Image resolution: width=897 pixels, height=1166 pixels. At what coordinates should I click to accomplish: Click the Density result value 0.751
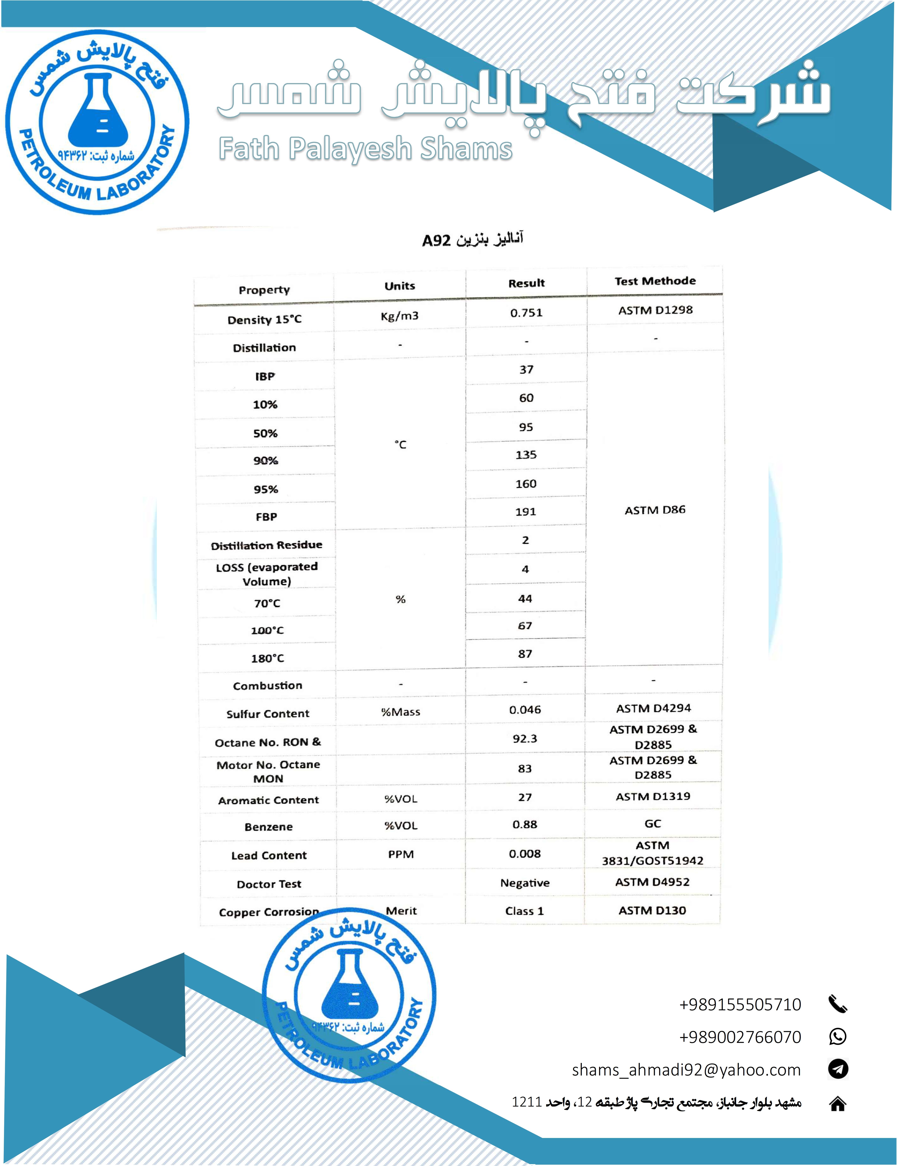(x=526, y=313)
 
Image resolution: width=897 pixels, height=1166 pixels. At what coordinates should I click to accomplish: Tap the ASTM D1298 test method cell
(x=655, y=310)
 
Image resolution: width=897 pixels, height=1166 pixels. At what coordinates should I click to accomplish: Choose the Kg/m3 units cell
(x=399, y=316)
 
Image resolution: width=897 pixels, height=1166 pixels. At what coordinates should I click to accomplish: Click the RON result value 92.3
(x=525, y=739)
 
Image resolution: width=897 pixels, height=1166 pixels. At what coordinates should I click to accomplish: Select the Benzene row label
(x=269, y=827)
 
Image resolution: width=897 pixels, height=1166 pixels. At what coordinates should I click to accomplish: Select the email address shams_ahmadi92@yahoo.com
(x=686, y=1070)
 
